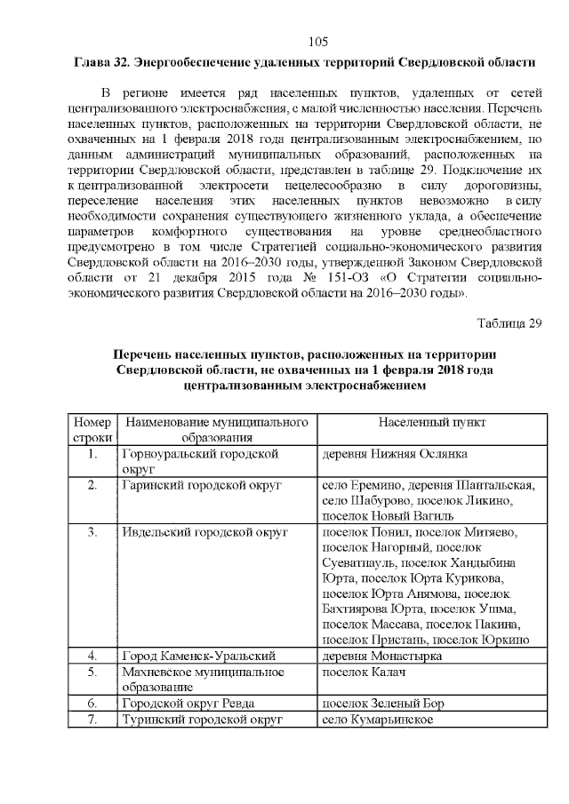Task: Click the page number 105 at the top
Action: coord(318,41)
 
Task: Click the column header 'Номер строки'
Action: coord(92,429)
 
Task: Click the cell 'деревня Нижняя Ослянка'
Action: coord(394,454)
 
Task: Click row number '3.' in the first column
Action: coord(92,532)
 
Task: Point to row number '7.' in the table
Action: coord(92,719)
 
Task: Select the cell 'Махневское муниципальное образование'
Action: coord(203,680)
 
